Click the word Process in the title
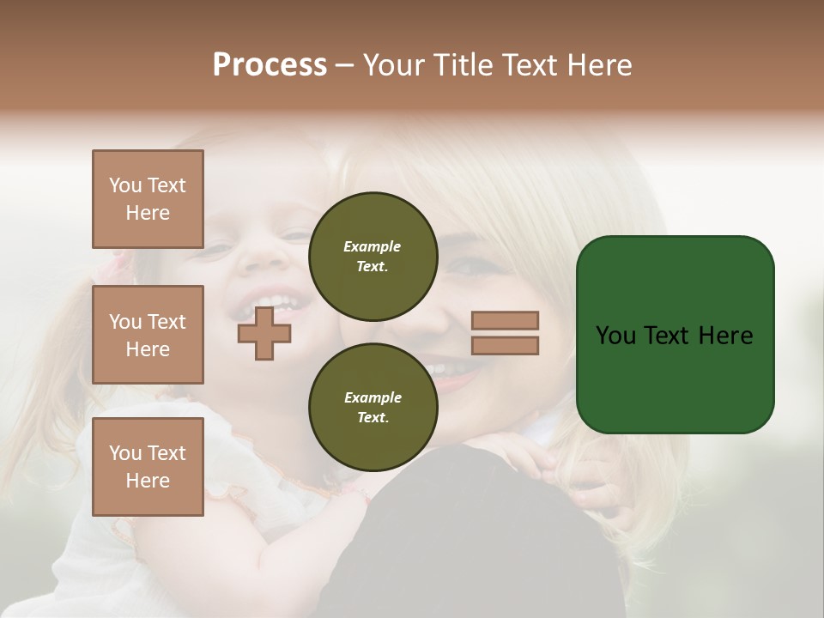(x=270, y=65)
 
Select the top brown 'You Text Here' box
(x=148, y=199)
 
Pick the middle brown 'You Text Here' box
(x=148, y=335)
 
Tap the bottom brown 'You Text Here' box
(x=148, y=467)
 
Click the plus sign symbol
(x=264, y=334)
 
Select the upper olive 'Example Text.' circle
(x=373, y=257)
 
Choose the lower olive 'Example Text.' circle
(x=373, y=408)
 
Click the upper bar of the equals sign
(x=506, y=320)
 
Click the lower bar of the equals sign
(x=506, y=345)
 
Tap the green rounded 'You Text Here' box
(x=675, y=335)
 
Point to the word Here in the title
(x=598, y=65)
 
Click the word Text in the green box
(x=668, y=336)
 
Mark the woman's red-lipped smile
(x=446, y=369)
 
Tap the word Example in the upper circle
(x=373, y=246)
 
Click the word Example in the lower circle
(x=373, y=397)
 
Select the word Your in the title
(x=391, y=65)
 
